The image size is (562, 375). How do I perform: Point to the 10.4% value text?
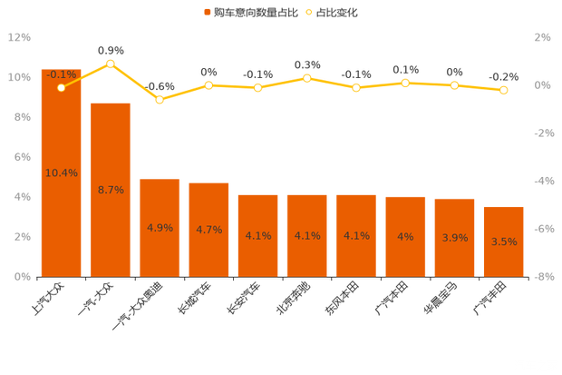pyautogui.click(x=61, y=173)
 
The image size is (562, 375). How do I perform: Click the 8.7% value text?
pyautogui.click(x=111, y=190)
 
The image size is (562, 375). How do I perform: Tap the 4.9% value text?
pyautogui.click(x=160, y=228)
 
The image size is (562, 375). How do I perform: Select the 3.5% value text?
pyautogui.click(x=503, y=242)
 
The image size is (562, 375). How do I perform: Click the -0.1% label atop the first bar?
pyautogui.click(x=61, y=74)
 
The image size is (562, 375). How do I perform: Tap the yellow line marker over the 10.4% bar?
pyautogui.click(x=61, y=88)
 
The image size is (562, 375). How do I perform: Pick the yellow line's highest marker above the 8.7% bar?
pyautogui.click(x=111, y=64)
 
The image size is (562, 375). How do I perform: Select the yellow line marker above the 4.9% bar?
pyautogui.click(x=160, y=100)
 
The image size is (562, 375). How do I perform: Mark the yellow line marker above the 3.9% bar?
pyautogui.click(x=454, y=85)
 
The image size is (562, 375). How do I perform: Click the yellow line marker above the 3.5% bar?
pyautogui.click(x=503, y=90)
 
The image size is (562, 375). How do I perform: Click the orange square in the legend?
pyautogui.click(x=208, y=13)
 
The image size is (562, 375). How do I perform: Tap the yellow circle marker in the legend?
pyautogui.click(x=308, y=13)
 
